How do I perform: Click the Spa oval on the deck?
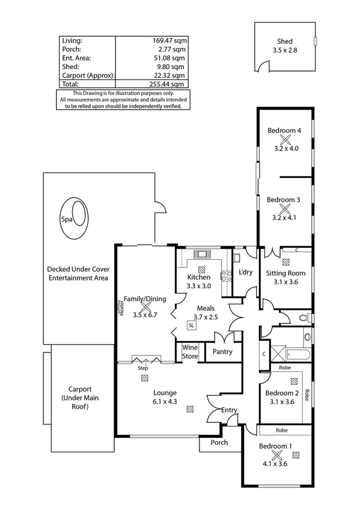click(76, 217)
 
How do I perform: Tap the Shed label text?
click(285, 41)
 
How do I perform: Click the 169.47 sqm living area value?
click(168, 40)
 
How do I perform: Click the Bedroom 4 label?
click(284, 131)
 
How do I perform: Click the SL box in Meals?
click(191, 325)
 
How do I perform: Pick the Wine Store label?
click(190, 352)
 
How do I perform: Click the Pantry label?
click(222, 352)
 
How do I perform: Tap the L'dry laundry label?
click(245, 272)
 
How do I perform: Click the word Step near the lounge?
click(143, 367)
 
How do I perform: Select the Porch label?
click(219, 443)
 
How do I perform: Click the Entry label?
click(229, 410)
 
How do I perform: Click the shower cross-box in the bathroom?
click(278, 350)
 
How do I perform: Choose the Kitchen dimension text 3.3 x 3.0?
click(198, 286)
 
